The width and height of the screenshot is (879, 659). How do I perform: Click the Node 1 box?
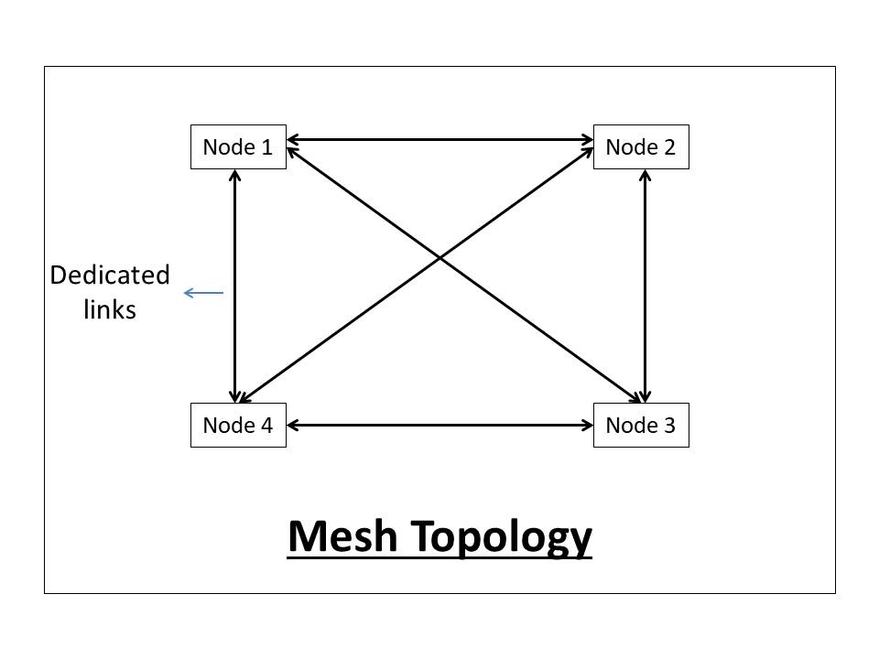pos(238,147)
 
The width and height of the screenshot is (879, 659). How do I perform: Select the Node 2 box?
pos(641,147)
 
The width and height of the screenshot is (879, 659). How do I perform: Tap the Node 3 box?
pos(641,426)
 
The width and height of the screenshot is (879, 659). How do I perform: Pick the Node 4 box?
pos(238,426)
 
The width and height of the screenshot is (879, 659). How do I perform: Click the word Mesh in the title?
pos(342,535)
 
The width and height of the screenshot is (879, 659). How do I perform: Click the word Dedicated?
pos(110,275)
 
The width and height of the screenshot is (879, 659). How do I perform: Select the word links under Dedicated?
pos(110,310)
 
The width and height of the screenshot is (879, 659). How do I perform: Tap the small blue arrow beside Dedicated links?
pos(203,293)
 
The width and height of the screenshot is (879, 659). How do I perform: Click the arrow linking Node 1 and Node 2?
pos(439,140)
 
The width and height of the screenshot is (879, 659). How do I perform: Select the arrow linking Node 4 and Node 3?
pos(439,425)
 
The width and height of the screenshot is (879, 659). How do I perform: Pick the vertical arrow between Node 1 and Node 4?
pos(236,286)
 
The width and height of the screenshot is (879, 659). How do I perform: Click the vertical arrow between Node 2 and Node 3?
pos(646,286)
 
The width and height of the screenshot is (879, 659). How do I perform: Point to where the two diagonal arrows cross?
pos(440,259)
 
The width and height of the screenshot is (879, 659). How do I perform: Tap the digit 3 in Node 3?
pos(669,426)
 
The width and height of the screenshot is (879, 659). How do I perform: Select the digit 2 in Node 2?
pos(669,147)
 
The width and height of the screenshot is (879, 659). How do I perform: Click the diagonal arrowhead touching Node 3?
pos(634,397)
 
